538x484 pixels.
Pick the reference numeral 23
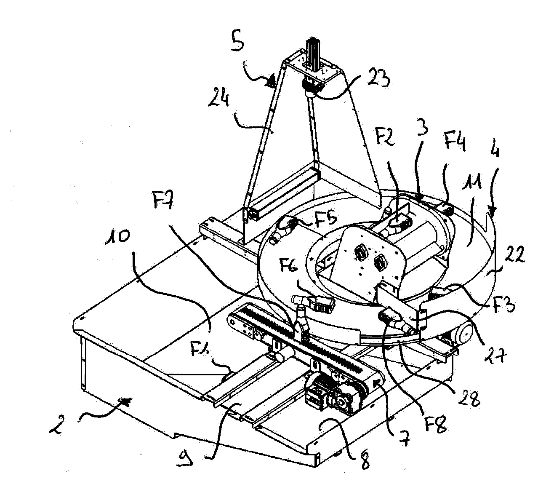[378, 78]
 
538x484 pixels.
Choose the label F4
[455, 141]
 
